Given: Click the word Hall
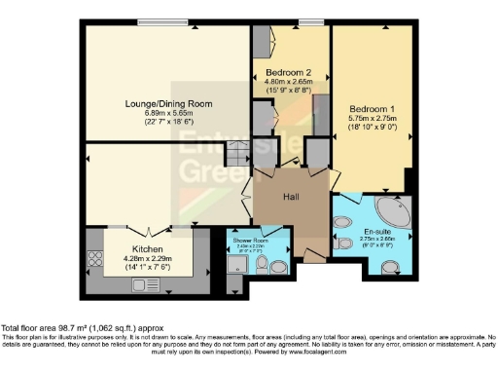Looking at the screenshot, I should [291, 198].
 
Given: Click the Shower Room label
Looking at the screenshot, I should [250, 239].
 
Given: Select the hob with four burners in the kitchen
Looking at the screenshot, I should [97, 259].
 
